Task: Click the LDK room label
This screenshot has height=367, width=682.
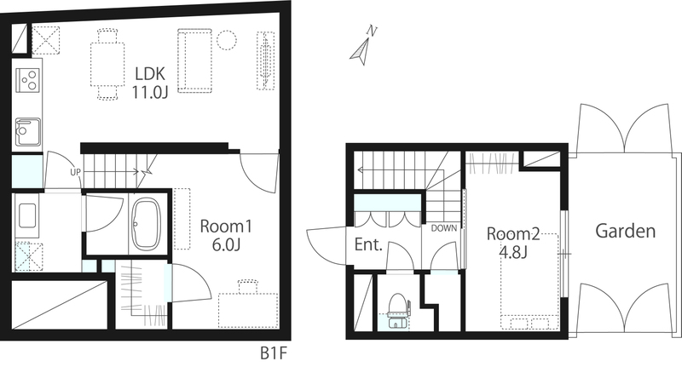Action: tap(150, 73)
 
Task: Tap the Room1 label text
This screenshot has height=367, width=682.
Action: tap(226, 227)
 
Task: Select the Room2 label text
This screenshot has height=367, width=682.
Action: tap(513, 234)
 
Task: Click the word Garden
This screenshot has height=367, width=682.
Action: tap(625, 231)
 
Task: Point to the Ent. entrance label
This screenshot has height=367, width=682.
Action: tap(368, 244)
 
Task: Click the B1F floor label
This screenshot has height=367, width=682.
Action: tap(274, 353)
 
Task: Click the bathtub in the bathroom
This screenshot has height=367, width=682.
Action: tap(146, 225)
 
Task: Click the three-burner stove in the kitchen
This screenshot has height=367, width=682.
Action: tap(28, 80)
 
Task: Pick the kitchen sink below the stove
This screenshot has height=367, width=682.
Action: tap(28, 132)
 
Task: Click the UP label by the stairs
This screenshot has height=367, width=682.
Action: tap(75, 172)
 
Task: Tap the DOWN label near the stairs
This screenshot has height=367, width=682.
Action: tap(443, 228)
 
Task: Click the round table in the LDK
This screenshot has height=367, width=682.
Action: tap(227, 39)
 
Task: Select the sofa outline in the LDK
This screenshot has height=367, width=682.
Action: tap(194, 60)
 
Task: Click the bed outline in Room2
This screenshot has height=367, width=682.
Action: tap(529, 282)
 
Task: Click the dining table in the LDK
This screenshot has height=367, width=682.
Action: tap(107, 64)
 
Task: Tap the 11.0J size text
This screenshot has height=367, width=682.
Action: tap(150, 92)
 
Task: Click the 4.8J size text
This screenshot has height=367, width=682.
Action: tap(513, 252)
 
